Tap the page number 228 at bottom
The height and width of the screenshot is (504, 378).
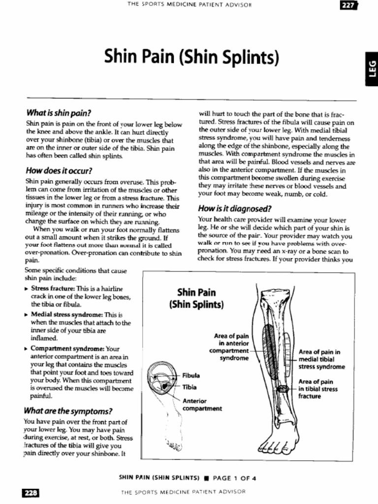point(30,493)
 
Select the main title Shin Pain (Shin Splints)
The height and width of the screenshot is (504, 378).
point(192,58)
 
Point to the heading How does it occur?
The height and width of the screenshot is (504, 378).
point(59,171)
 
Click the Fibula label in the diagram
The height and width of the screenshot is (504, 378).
point(191,375)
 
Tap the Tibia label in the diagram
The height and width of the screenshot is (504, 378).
point(189,387)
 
